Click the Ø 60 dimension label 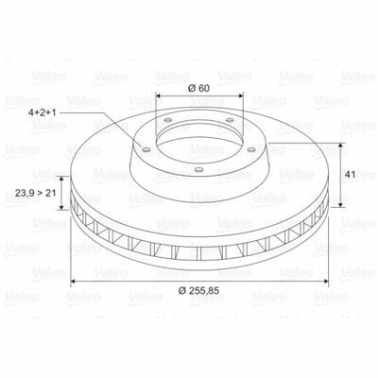[198, 88]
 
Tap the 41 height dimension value [350, 175]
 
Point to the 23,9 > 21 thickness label [35, 193]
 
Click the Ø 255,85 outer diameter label [198, 291]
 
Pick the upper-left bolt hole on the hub [168, 120]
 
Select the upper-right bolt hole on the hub [231, 120]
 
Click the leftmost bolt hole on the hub [146, 149]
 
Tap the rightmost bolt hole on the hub [251, 149]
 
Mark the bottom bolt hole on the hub [198, 170]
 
